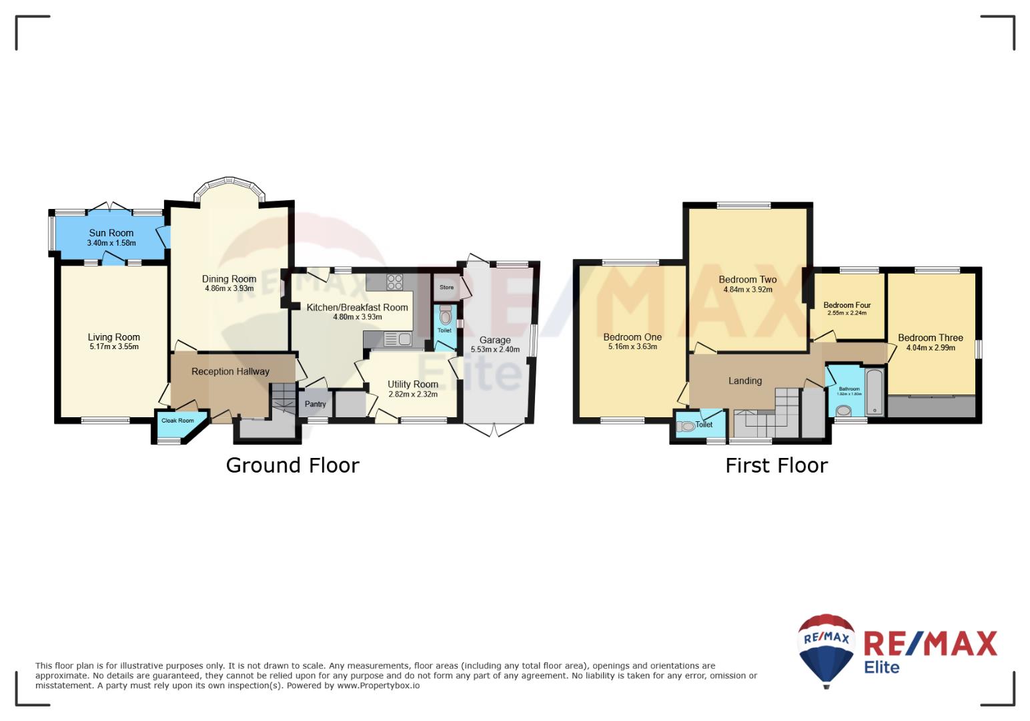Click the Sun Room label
(111, 233)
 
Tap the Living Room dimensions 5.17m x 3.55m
(114, 346)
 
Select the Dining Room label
(229, 279)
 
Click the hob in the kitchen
(394, 282)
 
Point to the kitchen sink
(398, 340)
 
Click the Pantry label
(315, 404)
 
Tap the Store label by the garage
(446, 287)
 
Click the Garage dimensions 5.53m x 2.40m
(495, 349)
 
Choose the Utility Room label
(413, 384)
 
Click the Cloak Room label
(177, 421)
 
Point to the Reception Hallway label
(230, 371)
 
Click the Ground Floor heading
(292, 465)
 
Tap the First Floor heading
(777, 465)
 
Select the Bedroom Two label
(748, 279)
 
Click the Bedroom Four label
(847, 305)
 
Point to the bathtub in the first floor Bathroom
(875, 392)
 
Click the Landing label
(745, 381)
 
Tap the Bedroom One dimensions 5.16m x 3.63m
(632, 346)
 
